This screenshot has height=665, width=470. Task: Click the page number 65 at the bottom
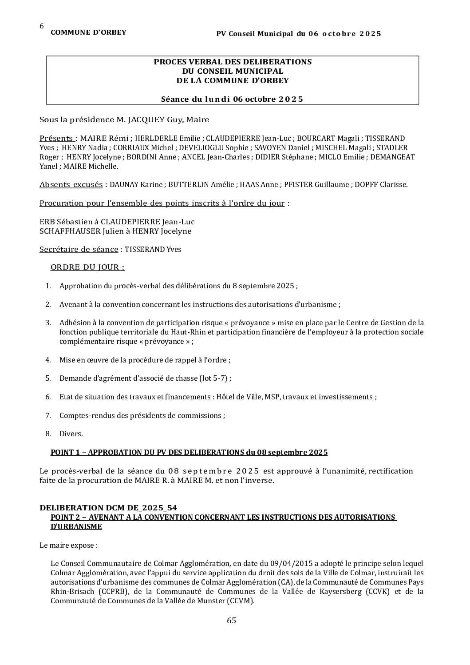(x=231, y=621)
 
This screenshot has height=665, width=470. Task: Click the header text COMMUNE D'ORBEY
(x=88, y=32)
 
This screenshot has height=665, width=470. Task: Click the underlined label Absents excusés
(x=71, y=184)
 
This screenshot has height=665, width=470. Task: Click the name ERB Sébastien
(x=65, y=222)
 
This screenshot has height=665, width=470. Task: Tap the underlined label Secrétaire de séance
(x=79, y=249)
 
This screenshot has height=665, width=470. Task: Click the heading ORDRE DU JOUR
(x=87, y=267)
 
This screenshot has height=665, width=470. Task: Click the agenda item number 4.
(x=48, y=360)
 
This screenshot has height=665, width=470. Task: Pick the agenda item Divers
(x=71, y=434)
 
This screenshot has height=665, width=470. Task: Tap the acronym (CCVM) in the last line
(x=241, y=601)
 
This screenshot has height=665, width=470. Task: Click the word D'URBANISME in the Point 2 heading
(x=76, y=526)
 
